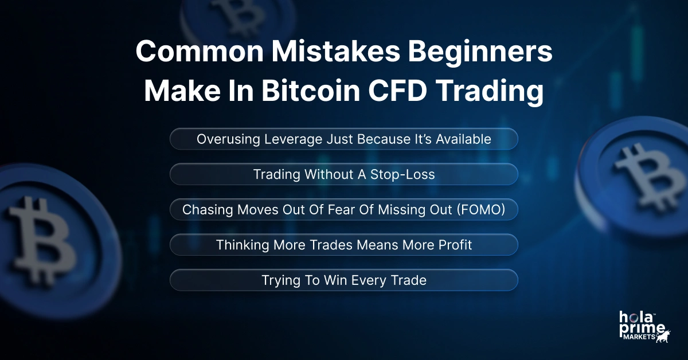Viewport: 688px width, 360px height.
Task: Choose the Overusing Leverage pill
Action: pos(344,139)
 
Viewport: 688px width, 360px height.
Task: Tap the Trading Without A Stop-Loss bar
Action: pos(344,174)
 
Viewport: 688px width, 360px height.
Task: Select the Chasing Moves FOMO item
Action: pos(344,210)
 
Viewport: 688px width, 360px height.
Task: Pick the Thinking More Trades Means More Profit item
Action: pos(344,245)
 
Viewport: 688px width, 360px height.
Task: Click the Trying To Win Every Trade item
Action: pos(344,280)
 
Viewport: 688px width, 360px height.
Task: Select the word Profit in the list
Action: pos(452,245)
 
